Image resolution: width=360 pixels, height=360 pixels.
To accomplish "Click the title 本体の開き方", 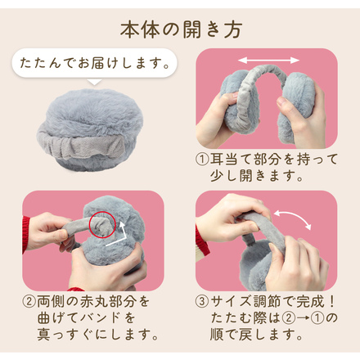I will tap(180, 29).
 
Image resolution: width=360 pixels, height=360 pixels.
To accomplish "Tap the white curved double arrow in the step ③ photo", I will tap(290, 219).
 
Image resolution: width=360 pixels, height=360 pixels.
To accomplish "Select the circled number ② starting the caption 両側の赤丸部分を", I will tap(29, 300).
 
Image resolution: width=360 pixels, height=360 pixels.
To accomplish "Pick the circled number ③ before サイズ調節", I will tap(203, 300).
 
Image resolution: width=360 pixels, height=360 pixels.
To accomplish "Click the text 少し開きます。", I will tap(257, 176).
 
